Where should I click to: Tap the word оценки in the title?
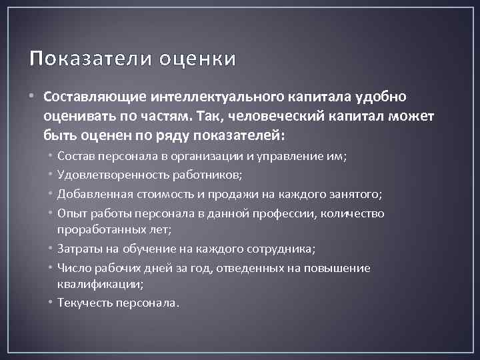tap(197, 59)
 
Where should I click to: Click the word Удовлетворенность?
tap(109, 175)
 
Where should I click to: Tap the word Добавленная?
tap(91, 195)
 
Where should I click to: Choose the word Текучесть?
tap(84, 303)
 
